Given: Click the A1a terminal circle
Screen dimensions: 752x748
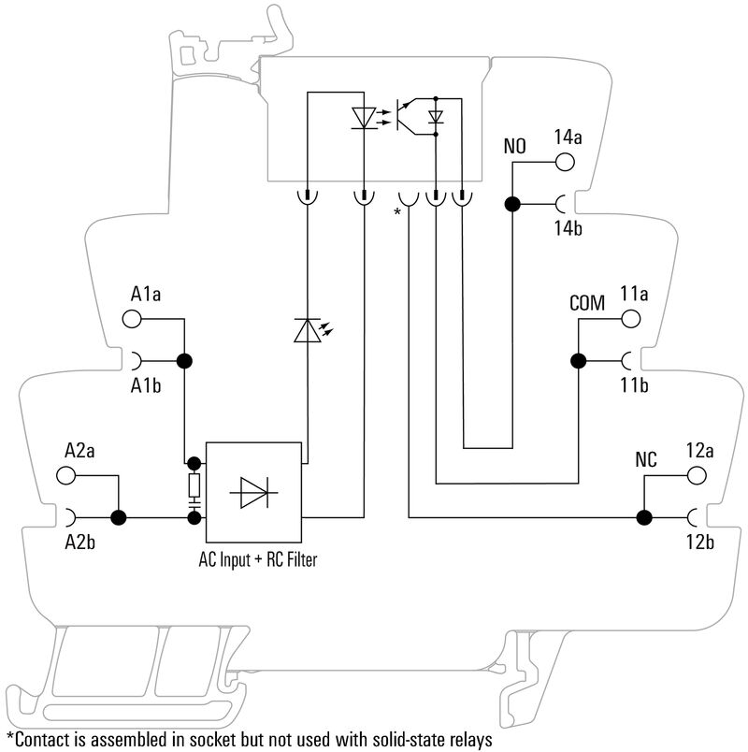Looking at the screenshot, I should pos(133,320).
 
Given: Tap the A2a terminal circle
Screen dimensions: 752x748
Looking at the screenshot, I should pos(66,475).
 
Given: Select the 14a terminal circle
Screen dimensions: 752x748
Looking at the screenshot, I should pos(567,162).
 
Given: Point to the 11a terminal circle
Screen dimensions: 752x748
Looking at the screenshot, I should pos(633,319).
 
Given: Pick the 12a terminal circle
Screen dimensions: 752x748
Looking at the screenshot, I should pos(698,475).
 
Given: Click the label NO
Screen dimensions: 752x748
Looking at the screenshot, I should pos(515,147).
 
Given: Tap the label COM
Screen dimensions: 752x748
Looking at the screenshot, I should pos(587,304).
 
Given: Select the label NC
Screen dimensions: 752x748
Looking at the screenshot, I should pos(646,460).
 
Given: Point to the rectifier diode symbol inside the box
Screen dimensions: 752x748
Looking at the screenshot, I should pos(255,492).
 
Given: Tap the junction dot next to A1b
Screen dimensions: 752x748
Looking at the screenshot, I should pos(184,360).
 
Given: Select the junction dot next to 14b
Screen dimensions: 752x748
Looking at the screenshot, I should pos(512,203).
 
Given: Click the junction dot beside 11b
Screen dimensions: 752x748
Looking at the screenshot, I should pos(578,360).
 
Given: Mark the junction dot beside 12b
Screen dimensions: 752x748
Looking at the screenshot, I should pos(643,516).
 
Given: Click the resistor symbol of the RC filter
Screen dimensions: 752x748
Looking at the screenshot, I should pos(194,484).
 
